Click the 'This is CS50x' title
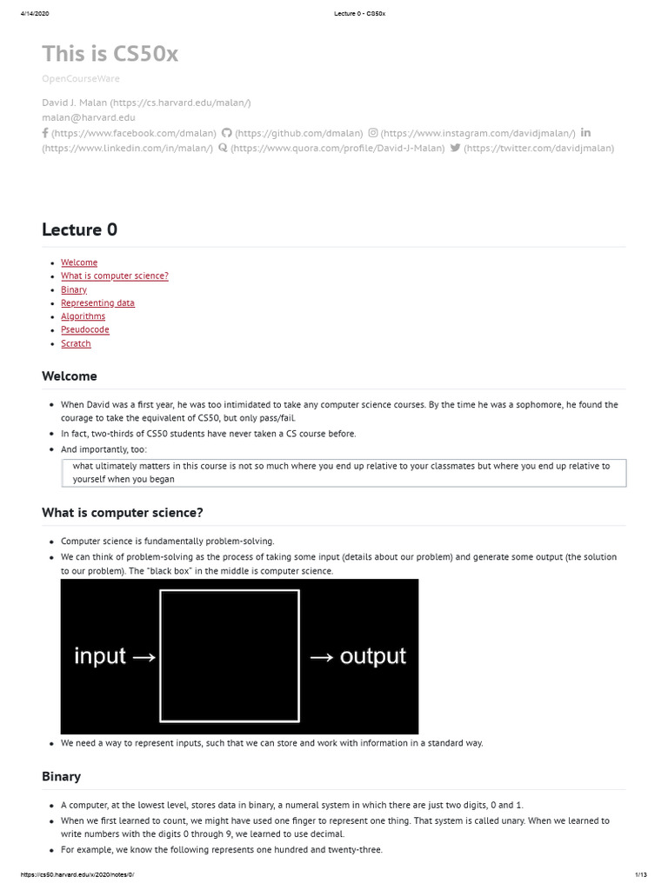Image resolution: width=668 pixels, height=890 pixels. [x=110, y=54]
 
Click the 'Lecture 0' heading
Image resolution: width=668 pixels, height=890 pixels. [x=79, y=229]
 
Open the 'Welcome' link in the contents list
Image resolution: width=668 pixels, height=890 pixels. [x=79, y=262]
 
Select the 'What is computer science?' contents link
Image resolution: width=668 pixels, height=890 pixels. [x=115, y=276]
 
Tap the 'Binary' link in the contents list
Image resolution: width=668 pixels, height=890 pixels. [x=74, y=289]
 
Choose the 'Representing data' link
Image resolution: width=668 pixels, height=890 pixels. [x=97, y=302]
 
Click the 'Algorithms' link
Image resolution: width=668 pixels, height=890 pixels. [x=83, y=316]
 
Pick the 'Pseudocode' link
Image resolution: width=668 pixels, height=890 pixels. [x=85, y=329]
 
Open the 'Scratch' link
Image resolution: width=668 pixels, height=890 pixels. [x=76, y=343]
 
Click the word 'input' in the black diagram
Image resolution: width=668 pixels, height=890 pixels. [x=100, y=655]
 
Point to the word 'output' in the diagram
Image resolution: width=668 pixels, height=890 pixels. [x=373, y=655]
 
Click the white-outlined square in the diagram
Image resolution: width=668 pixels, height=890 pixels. [x=230, y=655]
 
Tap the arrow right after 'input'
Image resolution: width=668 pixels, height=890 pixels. [x=143, y=656]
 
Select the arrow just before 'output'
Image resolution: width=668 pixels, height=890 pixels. [x=322, y=656]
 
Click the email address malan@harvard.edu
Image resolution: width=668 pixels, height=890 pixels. [x=89, y=117]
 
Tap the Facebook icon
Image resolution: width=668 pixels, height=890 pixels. [x=45, y=133]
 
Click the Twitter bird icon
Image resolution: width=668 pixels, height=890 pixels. [x=455, y=148]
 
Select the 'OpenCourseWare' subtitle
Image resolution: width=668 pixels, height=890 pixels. [x=81, y=78]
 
